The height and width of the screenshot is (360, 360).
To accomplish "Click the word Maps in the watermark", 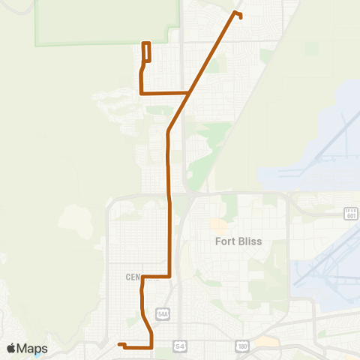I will coord(33,348).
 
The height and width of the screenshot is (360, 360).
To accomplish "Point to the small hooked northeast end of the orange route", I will coord(239,14).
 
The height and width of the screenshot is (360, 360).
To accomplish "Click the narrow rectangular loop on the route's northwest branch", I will coord(147,51).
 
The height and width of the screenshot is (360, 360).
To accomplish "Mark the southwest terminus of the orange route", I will coord(119,344).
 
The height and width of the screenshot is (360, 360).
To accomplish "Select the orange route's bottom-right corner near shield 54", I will coord(152,347).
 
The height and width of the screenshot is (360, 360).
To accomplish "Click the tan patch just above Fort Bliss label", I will coord(218,224).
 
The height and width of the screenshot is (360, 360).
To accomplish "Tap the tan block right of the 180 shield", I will coord(265,342).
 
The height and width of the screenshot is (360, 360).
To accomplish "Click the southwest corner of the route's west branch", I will coord(141,93).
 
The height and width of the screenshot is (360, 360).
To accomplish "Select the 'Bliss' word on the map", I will coord(247,241).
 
